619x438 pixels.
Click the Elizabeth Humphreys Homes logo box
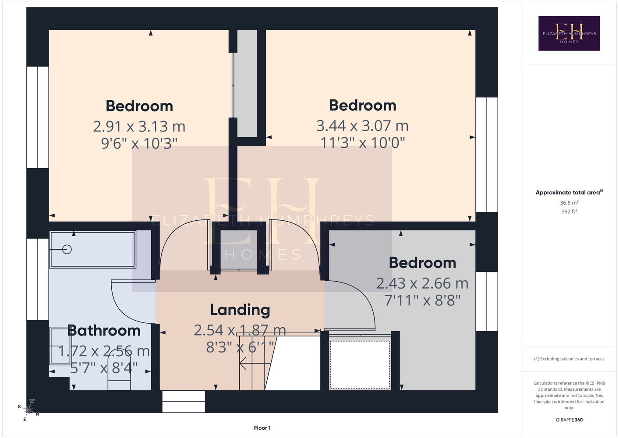(569, 33)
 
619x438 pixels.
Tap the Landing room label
(240, 310)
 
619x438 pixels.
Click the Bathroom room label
(104, 331)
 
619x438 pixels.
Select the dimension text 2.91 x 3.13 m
(139, 127)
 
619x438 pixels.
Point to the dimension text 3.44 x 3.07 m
(362, 126)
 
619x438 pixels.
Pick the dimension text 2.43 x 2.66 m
(422, 283)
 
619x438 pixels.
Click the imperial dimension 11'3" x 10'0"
(363, 143)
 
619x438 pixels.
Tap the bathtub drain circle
(67, 250)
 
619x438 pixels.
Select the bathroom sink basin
(60, 346)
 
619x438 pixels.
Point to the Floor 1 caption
(262, 428)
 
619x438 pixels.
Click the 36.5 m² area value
(569, 202)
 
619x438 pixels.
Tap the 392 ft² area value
(569, 212)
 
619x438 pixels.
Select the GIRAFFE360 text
(569, 420)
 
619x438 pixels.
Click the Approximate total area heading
(569, 192)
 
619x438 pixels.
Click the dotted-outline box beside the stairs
(360, 365)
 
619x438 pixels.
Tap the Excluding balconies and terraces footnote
(569, 359)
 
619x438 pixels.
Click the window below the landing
(184, 402)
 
